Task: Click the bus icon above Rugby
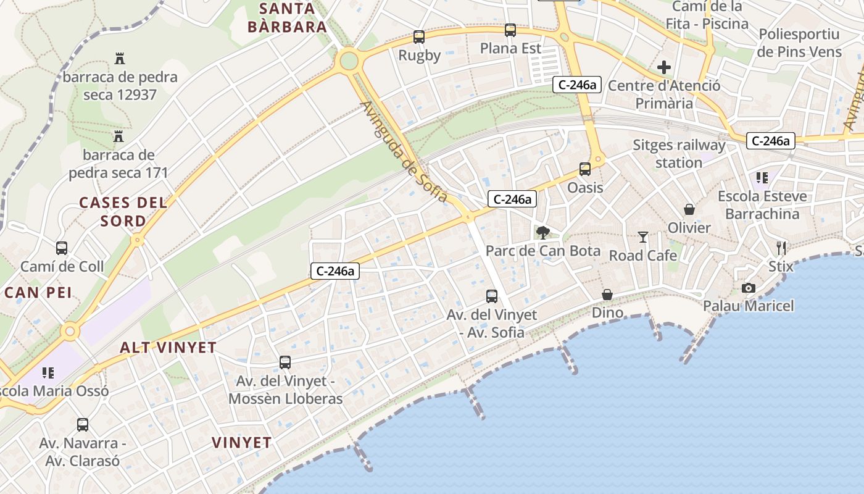point(419,37)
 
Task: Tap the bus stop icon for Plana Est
point(510,30)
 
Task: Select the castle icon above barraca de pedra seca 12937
point(120,59)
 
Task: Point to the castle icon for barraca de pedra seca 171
point(118,136)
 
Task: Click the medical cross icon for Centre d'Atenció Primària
point(664,67)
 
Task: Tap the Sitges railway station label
point(679,154)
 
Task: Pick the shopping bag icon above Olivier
point(689,210)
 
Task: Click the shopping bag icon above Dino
point(607,295)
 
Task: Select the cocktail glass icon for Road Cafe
point(643,237)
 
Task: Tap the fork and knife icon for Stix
point(781,248)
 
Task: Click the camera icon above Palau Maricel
point(749,288)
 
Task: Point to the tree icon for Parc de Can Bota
point(543,233)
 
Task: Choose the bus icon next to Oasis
point(584,169)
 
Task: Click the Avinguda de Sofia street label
point(404,152)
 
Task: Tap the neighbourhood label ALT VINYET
point(168,348)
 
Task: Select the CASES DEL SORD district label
point(123,211)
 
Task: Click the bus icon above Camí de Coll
point(62,248)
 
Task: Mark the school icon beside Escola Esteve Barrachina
point(762,178)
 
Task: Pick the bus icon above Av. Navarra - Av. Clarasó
point(83,425)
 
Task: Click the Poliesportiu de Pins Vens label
point(799,43)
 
